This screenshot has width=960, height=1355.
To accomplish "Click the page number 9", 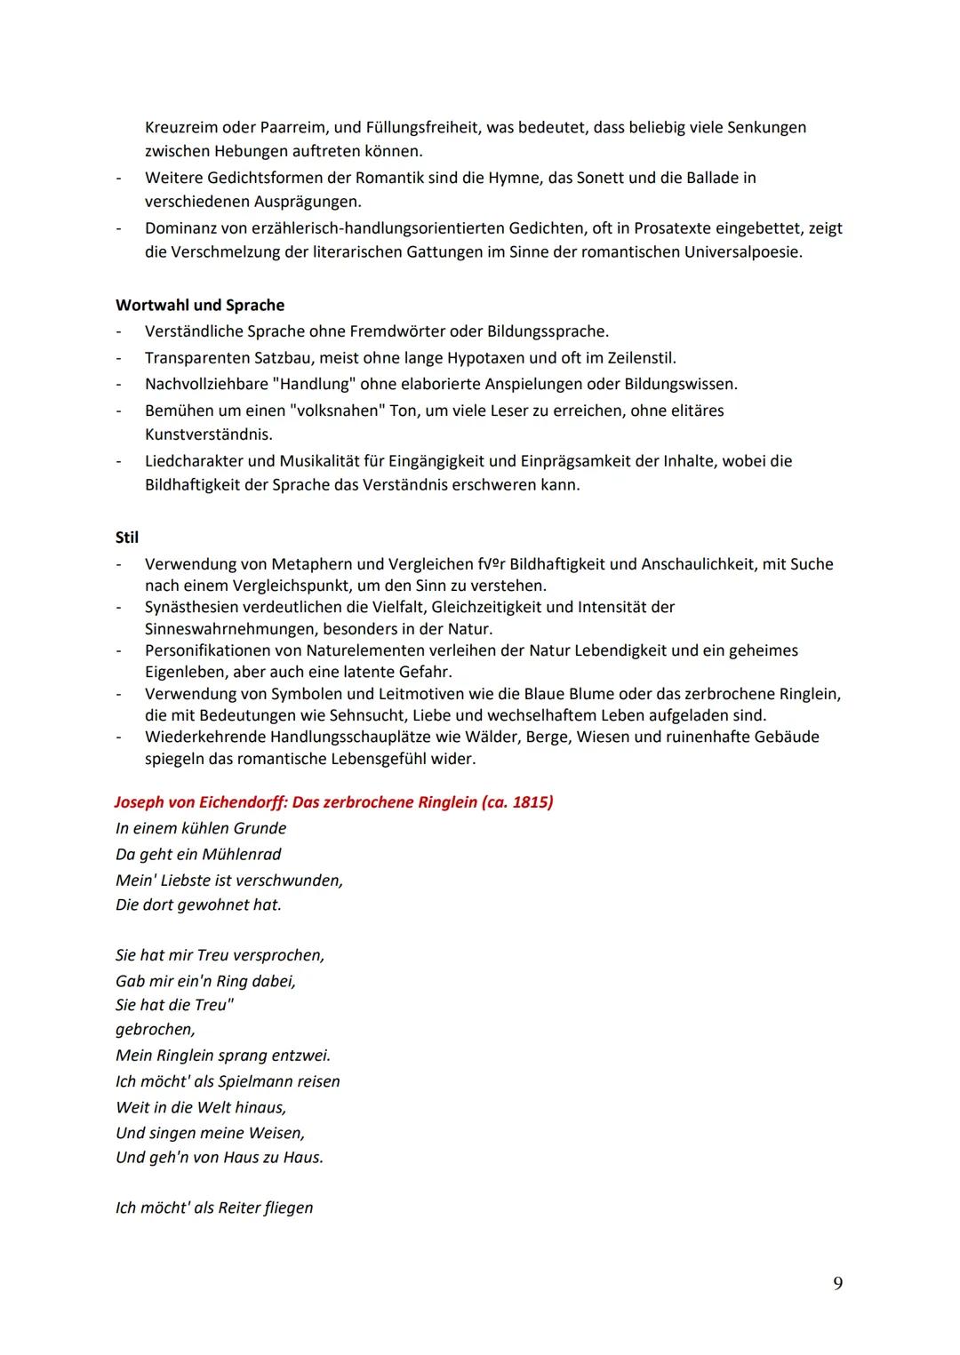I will pos(838,1283).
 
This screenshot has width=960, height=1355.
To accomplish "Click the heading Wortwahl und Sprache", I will pos(200,305).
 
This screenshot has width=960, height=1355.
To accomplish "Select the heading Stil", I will pos(127,538).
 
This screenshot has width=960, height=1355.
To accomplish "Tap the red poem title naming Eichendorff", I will pos(333,802).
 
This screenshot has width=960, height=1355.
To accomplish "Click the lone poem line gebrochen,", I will pos(155,1029).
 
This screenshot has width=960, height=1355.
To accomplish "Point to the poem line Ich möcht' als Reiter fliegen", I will pos(214,1208).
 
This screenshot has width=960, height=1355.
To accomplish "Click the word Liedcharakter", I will pos(196,461).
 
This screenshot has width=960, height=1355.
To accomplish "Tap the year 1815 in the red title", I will pos(531,802).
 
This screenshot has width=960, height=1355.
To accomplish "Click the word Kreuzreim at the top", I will pos(182,127).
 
